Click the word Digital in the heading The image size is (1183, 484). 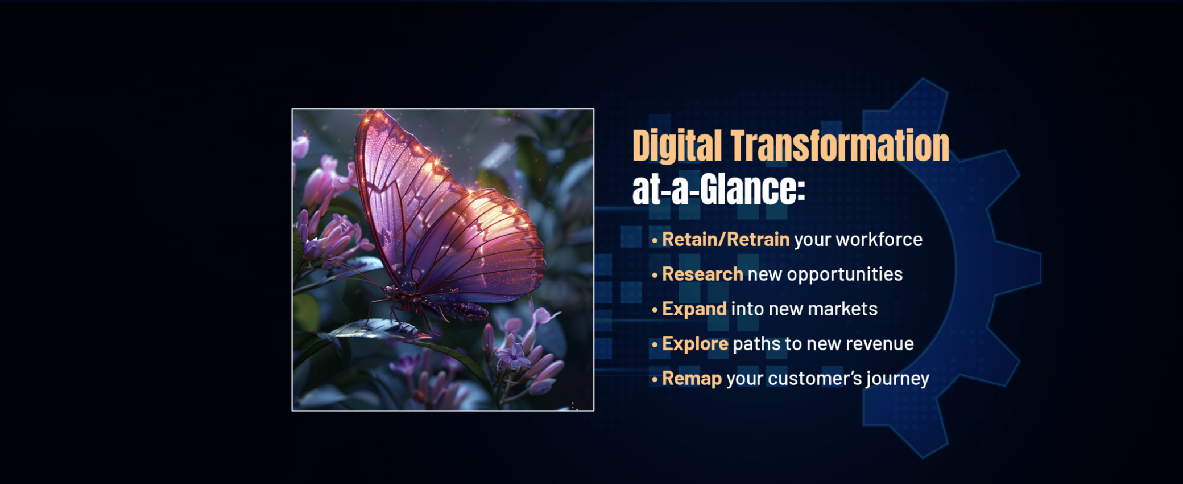(x=677, y=146)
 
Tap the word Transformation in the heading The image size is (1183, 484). (x=840, y=145)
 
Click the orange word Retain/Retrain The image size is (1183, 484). (x=726, y=240)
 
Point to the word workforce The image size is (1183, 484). (x=879, y=240)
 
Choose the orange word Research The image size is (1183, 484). (x=702, y=274)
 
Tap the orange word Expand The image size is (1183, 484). (x=694, y=309)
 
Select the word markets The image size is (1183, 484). (x=842, y=309)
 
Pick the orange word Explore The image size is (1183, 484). (x=695, y=344)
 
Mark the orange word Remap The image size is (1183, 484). (x=692, y=379)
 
